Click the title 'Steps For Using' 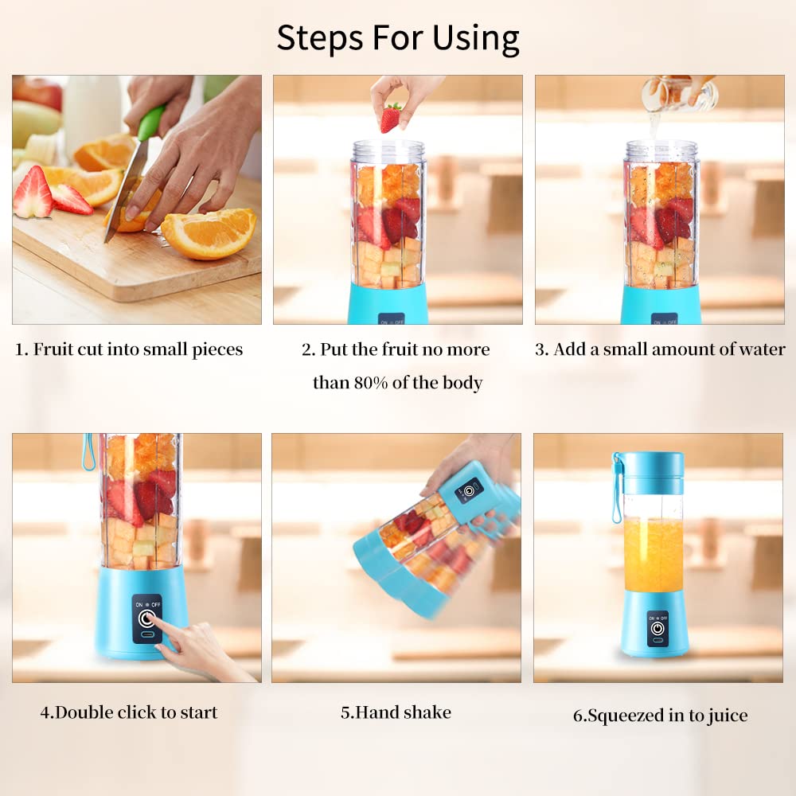tap(397, 37)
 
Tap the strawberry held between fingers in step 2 tap(390, 117)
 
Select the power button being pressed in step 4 tap(146, 618)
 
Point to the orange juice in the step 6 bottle tap(653, 554)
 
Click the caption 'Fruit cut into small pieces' tap(129, 349)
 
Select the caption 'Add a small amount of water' tap(659, 349)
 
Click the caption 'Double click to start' tap(129, 712)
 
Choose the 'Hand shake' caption tap(396, 712)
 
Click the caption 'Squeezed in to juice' tap(660, 715)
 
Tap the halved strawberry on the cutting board tap(33, 193)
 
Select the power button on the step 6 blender tap(657, 629)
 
